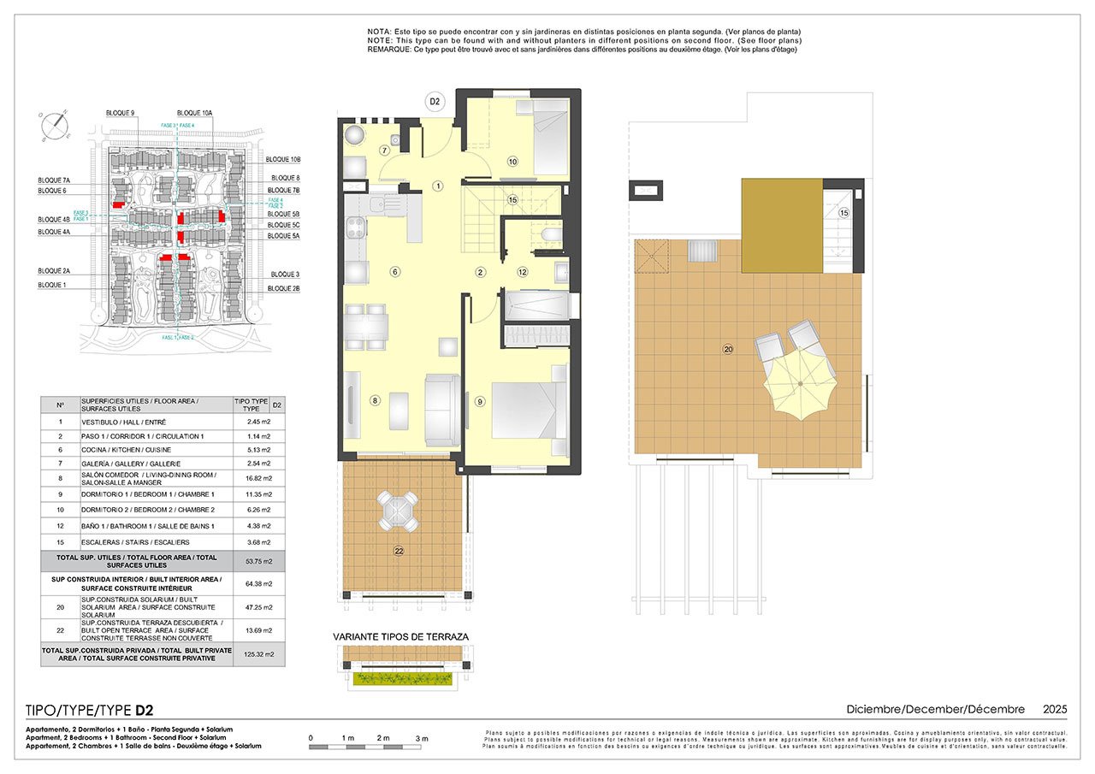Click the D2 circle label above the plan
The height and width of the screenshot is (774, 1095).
click(435, 102)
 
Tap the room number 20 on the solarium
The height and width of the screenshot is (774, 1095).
click(728, 348)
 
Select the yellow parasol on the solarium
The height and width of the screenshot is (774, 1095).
click(800, 385)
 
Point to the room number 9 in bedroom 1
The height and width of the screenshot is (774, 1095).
click(480, 401)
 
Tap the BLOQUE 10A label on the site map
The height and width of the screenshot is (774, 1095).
click(195, 113)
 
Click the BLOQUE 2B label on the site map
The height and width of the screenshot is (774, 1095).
click(284, 289)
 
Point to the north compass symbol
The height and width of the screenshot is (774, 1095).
click(55, 125)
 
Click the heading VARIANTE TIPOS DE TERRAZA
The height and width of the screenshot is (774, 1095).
click(401, 636)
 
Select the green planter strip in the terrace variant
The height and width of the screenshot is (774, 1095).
click(401, 678)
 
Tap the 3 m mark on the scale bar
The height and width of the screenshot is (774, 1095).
click(422, 737)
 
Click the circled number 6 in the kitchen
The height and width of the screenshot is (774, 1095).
click(394, 272)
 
